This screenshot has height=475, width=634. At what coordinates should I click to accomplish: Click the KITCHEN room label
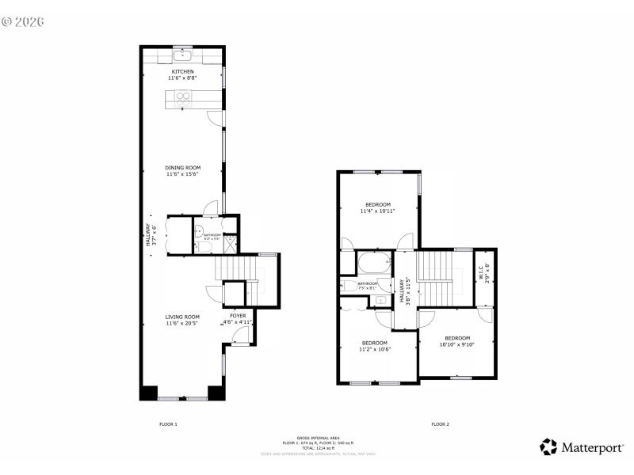(183, 72)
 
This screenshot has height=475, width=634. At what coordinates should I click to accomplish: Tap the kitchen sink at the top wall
(183, 55)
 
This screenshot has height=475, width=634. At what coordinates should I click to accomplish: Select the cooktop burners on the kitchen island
(183, 98)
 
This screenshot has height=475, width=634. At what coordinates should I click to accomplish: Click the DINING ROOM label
(182, 167)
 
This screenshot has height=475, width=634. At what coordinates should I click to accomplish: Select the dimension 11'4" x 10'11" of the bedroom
(377, 211)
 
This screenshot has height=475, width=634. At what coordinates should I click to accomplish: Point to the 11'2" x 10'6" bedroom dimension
(374, 349)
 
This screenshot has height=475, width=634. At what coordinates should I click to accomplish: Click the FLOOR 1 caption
(168, 424)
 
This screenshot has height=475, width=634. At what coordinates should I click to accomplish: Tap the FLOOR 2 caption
(440, 424)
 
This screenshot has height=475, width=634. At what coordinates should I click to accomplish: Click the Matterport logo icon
(548, 447)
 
